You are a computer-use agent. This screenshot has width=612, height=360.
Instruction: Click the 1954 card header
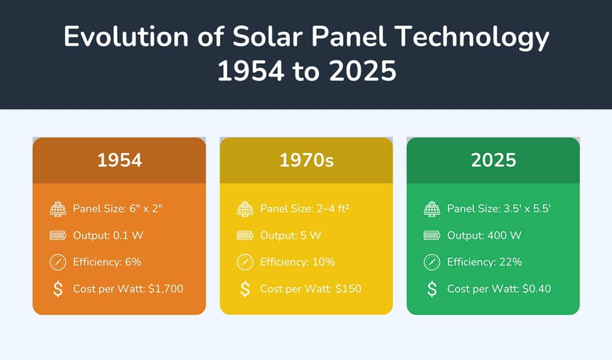coord(119,160)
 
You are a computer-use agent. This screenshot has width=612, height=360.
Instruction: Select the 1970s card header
coord(306,160)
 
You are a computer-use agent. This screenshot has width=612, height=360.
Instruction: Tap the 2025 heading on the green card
coord(493,160)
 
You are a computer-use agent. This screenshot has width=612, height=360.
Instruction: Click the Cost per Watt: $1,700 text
coord(128,288)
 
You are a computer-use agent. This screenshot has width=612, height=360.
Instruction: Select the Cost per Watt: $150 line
coord(311,288)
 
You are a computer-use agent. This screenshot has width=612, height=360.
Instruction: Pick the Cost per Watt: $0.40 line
coord(499,288)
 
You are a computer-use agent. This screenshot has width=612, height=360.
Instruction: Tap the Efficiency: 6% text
coord(107,262)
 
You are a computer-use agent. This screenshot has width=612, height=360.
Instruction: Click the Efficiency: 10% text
coord(297,262)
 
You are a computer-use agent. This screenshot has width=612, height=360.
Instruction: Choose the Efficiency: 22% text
coord(484,262)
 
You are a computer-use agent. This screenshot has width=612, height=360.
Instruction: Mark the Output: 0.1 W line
coord(107,235)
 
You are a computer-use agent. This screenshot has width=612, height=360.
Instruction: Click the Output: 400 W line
coord(484,235)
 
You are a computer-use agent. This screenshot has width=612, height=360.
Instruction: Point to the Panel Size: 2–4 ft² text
coord(302,208)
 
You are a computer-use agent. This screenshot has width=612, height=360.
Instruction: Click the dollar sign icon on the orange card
coord(58,288)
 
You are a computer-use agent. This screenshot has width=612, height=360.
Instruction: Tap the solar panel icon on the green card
coord(432,208)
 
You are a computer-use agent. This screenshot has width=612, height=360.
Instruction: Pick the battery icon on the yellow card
coord(245,235)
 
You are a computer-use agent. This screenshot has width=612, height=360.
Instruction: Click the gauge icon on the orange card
coord(58,262)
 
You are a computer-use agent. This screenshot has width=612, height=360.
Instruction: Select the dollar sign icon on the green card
coord(432,288)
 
